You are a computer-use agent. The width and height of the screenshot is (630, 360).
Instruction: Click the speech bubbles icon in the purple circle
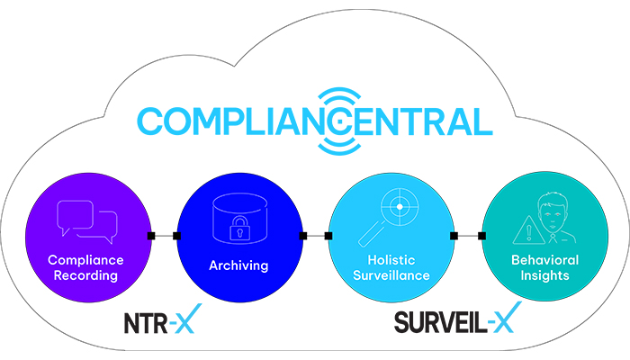coord(87,221)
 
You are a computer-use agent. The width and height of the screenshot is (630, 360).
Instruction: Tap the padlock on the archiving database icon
coord(239,229)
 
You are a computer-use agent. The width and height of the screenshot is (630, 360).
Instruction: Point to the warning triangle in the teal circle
coord(529,230)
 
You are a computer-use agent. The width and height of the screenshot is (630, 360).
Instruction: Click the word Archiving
coord(238,265)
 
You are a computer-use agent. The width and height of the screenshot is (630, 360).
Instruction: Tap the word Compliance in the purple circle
coord(85,260)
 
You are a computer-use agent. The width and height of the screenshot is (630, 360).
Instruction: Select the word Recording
coord(85,275)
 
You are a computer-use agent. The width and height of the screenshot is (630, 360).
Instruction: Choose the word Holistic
coord(391,260)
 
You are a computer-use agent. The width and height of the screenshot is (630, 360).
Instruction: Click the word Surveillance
coord(391,275)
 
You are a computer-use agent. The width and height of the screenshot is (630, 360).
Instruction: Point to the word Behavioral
coord(544,260)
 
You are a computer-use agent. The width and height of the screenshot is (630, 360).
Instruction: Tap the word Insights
coord(544,275)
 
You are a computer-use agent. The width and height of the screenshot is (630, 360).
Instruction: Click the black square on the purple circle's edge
coord(151,236)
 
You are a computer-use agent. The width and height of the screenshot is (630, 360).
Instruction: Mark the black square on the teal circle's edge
coord(481,236)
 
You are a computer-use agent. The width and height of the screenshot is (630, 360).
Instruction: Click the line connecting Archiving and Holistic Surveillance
coord(316,236)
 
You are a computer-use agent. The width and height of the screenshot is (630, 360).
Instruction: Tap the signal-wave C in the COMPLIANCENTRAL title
coord(338,121)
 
